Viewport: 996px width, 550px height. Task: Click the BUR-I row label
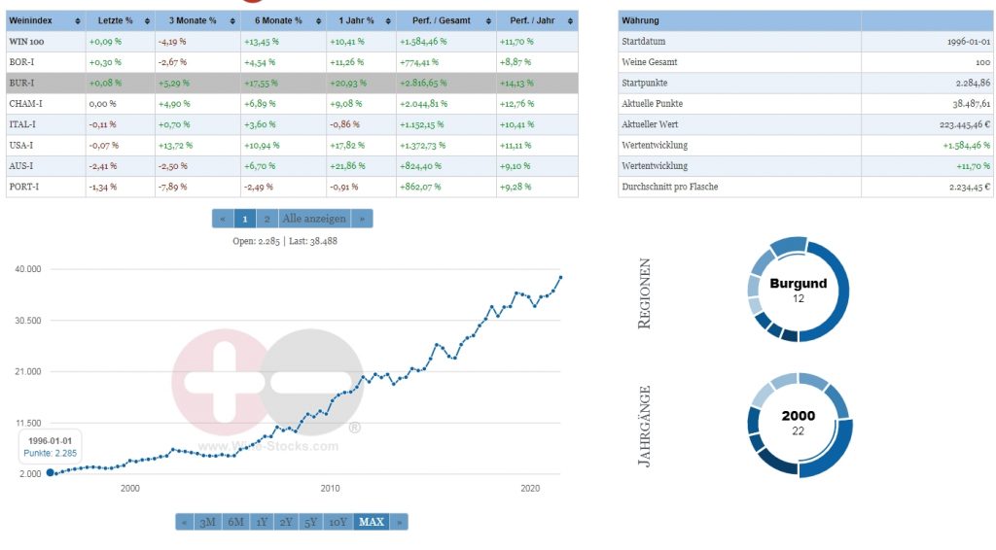[x=22, y=83]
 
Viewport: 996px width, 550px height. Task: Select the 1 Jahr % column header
[x=357, y=20]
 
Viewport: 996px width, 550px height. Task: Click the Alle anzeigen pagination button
[x=313, y=219]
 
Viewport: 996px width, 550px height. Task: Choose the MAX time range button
[x=372, y=522]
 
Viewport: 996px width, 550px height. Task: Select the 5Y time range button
[x=310, y=522]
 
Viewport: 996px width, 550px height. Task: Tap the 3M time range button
[x=207, y=522]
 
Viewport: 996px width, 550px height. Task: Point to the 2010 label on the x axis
[x=330, y=488]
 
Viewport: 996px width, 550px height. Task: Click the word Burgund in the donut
[x=798, y=284]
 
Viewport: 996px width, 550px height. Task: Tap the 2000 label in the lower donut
[x=799, y=416]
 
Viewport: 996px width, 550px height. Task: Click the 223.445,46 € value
[x=958, y=124]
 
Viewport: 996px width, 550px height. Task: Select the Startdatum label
[x=643, y=42]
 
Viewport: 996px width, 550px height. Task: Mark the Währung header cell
[x=642, y=20]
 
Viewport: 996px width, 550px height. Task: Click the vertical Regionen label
[x=644, y=293]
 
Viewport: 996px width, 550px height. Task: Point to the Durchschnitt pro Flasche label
[x=669, y=186]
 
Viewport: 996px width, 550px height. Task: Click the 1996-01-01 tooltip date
[x=50, y=439]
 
